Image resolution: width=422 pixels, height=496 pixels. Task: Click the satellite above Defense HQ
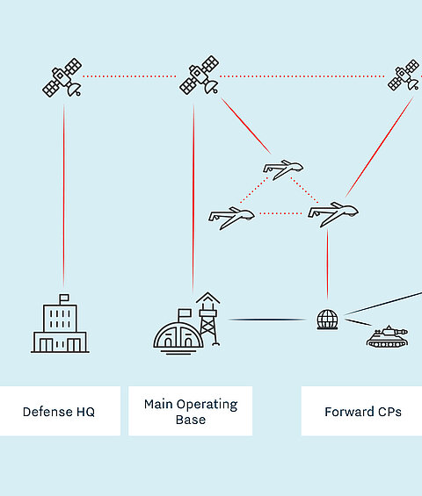pyautogui.click(x=62, y=77)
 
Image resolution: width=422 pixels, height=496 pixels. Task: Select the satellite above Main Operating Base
pyautogui.click(x=200, y=75)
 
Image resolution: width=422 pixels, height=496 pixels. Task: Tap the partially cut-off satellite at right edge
pyautogui.click(x=404, y=75)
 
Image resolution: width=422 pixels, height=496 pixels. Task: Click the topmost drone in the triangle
pyautogui.click(x=283, y=169)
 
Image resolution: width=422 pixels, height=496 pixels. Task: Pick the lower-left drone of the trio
pyautogui.click(x=231, y=218)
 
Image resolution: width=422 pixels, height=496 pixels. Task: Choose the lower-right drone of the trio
pyautogui.click(x=333, y=214)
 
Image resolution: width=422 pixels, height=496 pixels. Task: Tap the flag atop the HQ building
pyautogui.click(x=64, y=298)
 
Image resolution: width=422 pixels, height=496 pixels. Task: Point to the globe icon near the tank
pyautogui.click(x=327, y=320)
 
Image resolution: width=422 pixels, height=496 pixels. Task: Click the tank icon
pyautogui.click(x=387, y=336)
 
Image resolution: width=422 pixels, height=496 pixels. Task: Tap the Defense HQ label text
pyautogui.click(x=59, y=412)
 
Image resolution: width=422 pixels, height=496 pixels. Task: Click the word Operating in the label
pyautogui.click(x=207, y=405)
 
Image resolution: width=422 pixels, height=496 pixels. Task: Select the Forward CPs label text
pyautogui.click(x=363, y=412)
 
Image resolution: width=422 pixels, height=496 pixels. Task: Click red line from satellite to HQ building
pyautogui.click(x=63, y=196)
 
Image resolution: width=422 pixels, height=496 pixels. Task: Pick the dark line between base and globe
pyautogui.click(x=267, y=320)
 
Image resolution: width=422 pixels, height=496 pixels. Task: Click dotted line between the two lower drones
pyautogui.click(x=280, y=213)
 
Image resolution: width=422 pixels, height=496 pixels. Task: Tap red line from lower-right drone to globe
pyautogui.click(x=327, y=264)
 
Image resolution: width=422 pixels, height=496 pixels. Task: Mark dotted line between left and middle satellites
pyautogui.click(x=129, y=76)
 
